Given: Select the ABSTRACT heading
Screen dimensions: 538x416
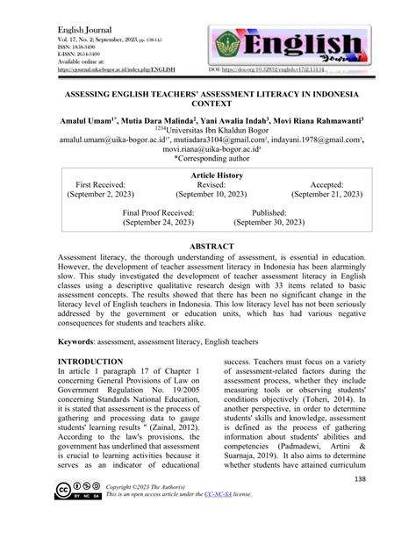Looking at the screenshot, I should tap(208, 248).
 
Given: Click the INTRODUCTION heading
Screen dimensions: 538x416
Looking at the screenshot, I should tap(90, 362).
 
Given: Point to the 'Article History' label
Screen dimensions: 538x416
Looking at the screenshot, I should tap(208, 176).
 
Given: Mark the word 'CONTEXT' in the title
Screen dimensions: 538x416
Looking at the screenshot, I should tap(208, 102).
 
